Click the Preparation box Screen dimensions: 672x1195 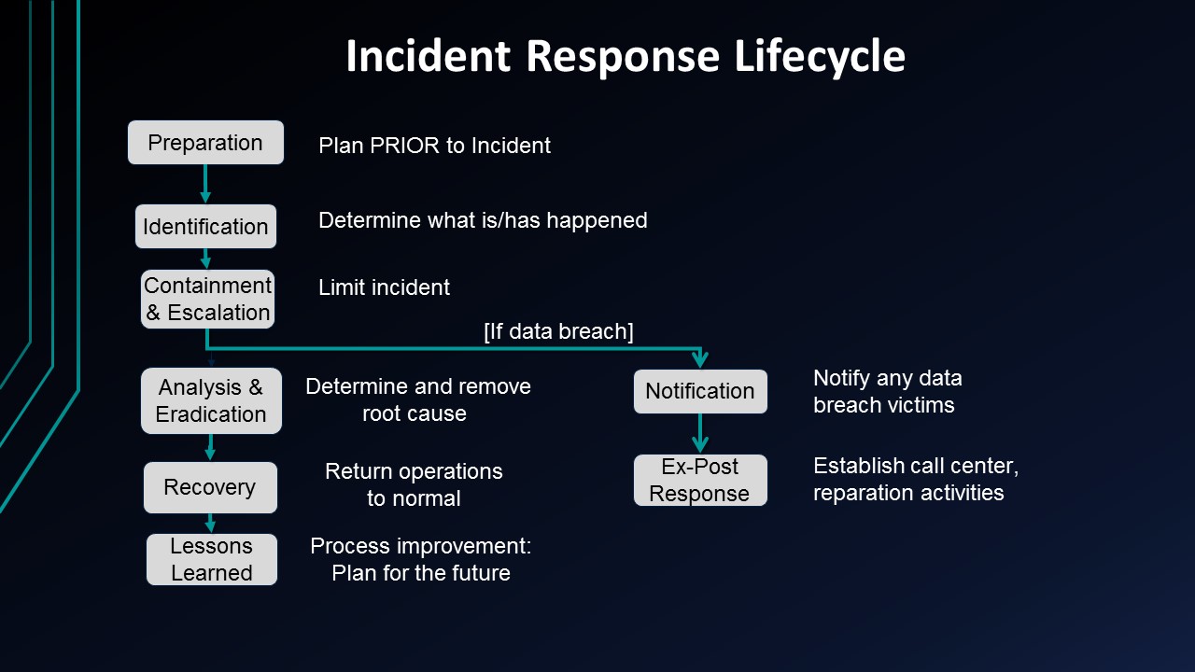(205, 143)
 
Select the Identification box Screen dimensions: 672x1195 (205, 227)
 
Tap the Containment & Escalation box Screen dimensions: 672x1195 (207, 299)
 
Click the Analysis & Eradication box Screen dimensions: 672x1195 (211, 400)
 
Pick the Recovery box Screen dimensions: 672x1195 (210, 487)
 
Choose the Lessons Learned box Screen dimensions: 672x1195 (212, 559)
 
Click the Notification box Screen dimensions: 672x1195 (700, 391)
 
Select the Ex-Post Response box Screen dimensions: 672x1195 (700, 480)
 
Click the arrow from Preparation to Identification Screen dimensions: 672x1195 (205, 184)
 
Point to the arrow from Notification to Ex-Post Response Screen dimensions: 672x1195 (700, 433)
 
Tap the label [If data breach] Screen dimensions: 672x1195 (558, 331)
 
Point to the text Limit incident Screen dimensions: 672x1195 (384, 287)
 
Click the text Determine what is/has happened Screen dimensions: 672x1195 (483, 220)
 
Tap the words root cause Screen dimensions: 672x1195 (415, 413)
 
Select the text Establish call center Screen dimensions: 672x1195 (915, 465)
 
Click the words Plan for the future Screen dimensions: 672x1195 (420, 573)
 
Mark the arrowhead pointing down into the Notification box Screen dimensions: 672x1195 (700, 360)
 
